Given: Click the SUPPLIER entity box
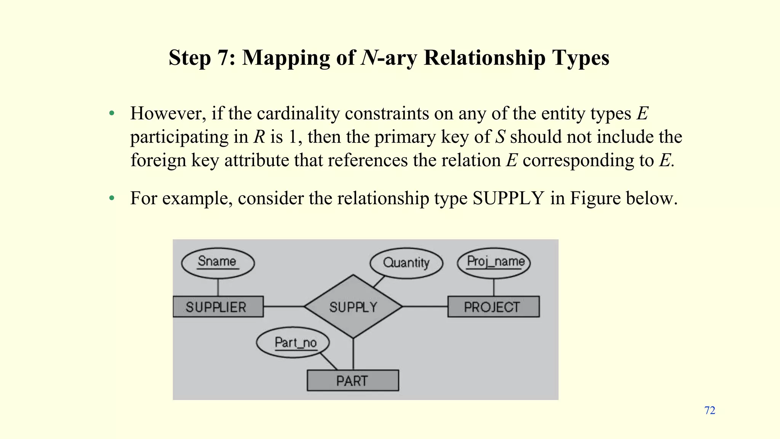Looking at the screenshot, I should tap(218, 307).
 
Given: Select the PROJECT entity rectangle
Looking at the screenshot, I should tap(493, 307).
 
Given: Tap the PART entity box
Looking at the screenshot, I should tap(353, 380).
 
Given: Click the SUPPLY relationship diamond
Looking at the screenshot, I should tap(353, 307).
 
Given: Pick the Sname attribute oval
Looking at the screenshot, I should tap(217, 263).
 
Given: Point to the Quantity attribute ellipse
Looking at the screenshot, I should tap(406, 263).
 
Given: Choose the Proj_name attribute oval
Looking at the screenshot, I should tap(494, 263).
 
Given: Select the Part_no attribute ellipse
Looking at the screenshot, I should tap(292, 343).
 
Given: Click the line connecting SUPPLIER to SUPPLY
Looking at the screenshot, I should tap(284, 306).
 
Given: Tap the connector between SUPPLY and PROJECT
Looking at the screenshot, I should tap(425, 306).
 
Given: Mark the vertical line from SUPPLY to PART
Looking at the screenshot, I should tap(353, 354).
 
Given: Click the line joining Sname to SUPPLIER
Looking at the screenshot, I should tap(218, 287).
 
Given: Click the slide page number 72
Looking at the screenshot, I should tap(710, 410).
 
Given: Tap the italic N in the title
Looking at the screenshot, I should tap(368, 58).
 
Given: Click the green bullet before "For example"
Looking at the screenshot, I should tap(112, 199).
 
